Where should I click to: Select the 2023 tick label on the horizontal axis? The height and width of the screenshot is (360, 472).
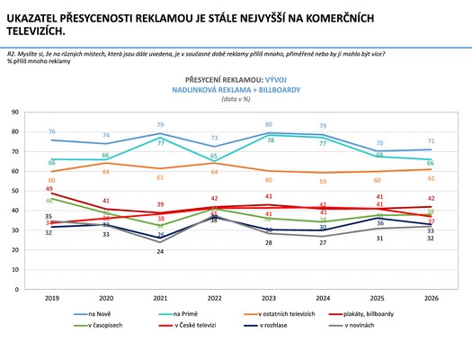tap(268, 299)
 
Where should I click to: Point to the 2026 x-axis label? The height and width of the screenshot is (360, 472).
tap(431, 299)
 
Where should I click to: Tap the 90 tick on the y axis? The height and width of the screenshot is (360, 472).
tap(16, 112)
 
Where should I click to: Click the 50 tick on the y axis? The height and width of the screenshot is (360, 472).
tap(16, 191)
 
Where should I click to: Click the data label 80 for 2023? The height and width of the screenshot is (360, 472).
tap(268, 124)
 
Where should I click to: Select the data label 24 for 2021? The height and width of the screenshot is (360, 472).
tap(160, 252)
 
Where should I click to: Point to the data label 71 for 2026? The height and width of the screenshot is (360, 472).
tap(431, 141)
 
